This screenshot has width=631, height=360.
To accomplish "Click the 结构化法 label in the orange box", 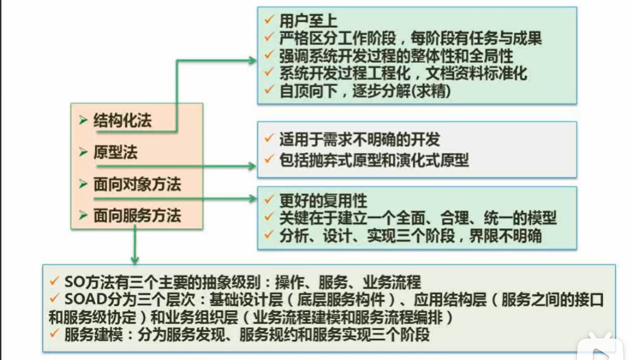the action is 122,122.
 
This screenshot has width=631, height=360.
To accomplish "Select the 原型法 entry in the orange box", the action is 116,153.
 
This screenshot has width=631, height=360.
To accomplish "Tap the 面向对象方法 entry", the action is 137,184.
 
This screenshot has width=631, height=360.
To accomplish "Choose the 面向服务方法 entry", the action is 137,216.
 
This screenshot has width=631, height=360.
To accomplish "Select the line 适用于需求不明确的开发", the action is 359,140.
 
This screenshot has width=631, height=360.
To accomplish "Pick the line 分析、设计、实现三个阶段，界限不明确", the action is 411,236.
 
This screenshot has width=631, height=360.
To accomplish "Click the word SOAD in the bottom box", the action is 82,300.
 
